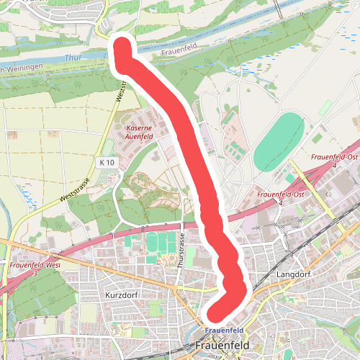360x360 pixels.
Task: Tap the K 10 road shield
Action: [x=107, y=163]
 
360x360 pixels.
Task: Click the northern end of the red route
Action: [x=121, y=48]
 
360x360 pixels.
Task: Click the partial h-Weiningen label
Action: [x=22, y=68]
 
